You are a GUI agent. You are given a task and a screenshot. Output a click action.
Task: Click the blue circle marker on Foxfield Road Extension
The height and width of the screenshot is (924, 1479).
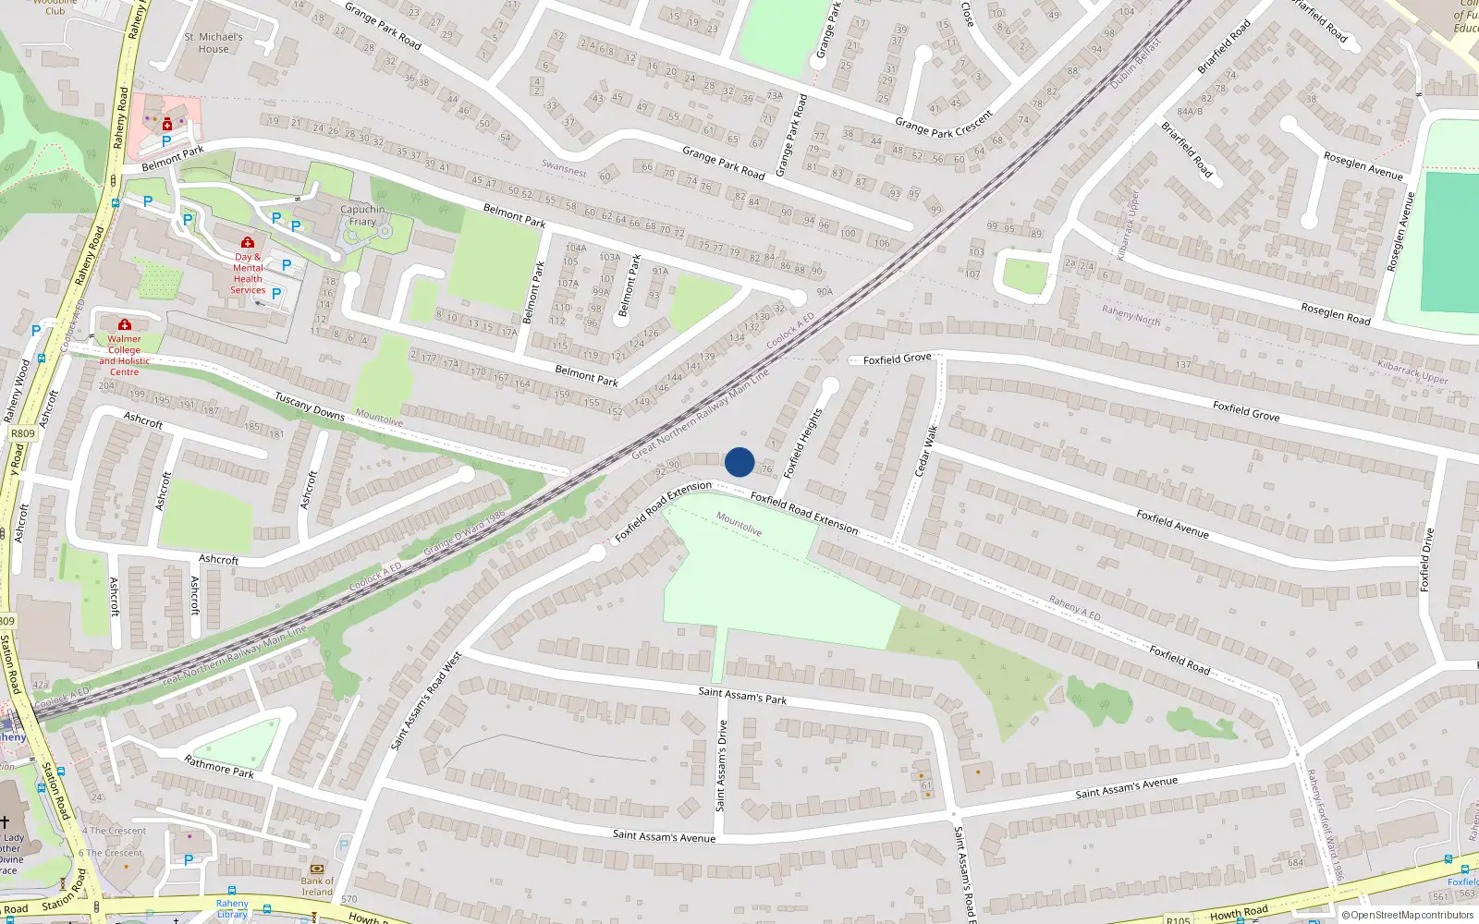pos(739,462)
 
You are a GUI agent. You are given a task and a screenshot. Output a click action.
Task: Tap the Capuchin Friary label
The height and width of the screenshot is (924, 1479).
pos(362,215)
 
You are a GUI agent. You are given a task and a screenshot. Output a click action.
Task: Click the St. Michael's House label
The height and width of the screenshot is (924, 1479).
pos(214,43)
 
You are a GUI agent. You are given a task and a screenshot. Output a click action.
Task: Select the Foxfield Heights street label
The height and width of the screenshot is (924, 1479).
pos(802,444)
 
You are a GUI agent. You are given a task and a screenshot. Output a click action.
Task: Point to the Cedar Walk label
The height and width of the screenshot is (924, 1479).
pos(926,451)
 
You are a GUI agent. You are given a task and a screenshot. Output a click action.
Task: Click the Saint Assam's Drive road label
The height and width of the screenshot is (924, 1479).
pos(721,766)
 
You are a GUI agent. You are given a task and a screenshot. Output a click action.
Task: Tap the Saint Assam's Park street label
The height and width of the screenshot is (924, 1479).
pos(742,695)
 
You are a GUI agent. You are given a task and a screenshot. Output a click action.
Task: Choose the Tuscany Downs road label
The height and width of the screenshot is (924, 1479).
pos(309,406)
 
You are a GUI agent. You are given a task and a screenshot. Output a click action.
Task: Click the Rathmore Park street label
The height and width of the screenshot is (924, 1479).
pos(219,766)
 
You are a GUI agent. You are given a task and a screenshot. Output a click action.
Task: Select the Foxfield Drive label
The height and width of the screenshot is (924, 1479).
pos(1426,560)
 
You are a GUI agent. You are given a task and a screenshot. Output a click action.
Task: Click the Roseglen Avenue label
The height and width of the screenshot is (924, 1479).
pos(1363,166)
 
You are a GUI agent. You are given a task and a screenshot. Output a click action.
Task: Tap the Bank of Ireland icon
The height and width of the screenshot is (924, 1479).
pos(317,869)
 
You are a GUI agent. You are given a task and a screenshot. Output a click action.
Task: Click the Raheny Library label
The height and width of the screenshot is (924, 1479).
pos(232,909)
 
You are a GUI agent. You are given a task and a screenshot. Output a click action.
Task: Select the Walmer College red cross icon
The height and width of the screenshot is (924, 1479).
pos(124,324)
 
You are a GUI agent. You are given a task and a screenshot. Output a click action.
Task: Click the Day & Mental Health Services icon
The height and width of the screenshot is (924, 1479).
pos(247,242)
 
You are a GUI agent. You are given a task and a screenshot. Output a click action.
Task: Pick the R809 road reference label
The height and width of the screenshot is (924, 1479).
pos(22,432)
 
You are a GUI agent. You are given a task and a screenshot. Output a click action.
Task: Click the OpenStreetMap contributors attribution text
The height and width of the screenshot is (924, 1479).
pos(1412,915)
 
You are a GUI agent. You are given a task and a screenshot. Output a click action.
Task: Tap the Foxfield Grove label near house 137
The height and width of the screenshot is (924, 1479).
pos(1246,410)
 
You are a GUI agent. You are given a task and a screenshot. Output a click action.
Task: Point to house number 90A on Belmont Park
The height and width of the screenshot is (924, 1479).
pos(825,292)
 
